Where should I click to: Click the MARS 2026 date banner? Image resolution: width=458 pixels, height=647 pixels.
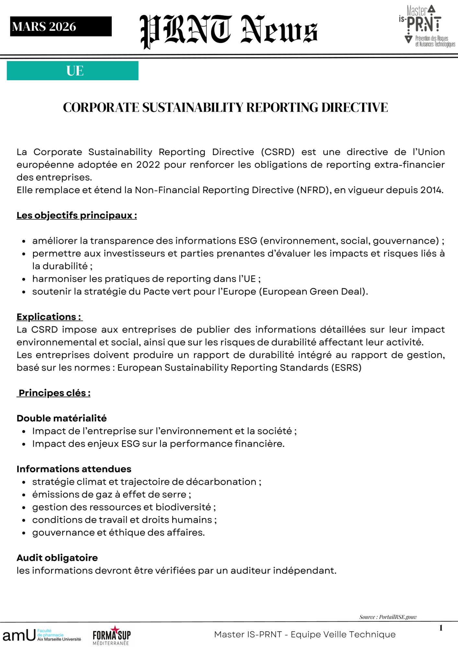61,27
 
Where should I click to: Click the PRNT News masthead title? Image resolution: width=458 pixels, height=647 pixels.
229,31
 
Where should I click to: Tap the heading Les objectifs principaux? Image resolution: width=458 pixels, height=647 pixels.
77,215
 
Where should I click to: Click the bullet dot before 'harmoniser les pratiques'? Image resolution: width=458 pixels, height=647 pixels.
24,279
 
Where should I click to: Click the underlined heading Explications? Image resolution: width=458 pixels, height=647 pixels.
49,317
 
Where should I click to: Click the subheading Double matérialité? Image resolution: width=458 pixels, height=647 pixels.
62,418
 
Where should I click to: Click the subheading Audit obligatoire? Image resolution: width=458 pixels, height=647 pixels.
57,558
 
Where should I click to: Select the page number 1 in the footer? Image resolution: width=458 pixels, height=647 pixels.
441,628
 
